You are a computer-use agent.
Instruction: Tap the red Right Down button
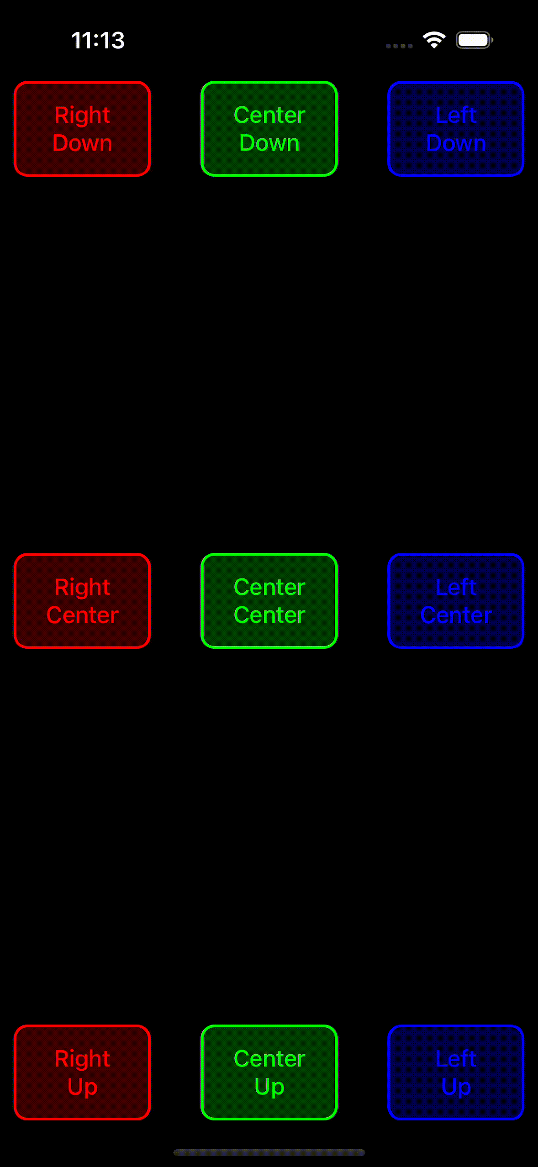pyautogui.click(x=82, y=129)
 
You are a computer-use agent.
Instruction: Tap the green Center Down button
pyautogui.click(x=269, y=129)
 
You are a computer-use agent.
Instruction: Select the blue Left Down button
pyautogui.click(x=456, y=129)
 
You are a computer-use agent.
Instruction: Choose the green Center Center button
pyautogui.click(x=269, y=601)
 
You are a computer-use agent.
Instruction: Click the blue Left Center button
pyautogui.click(x=456, y=601)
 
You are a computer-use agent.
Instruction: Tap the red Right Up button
pyautogui.click(x=82, y=1072)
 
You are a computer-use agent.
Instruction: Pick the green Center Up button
pyautogui.click(x=269, y=1072)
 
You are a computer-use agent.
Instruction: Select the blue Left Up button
pyautogui.click(x=456, y=1072)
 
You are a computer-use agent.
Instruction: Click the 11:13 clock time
pyautogui.click(x=98, y=40)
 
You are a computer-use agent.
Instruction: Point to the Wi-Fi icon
pyautogui.click(x=434, y=40)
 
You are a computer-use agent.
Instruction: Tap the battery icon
pyautogui.click(x=474, y=40)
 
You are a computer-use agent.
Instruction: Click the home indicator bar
pyautogui.click(x=269, y=1152)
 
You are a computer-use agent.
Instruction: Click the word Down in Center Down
pyautogui.click(x=269, y=143)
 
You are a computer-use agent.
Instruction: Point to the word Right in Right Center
pyautogui.click(x=82, y=587)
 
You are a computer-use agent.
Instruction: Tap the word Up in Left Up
pyautogui.click(x=456, y=1087)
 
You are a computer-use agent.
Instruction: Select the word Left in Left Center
pyautogui.click(x=456, y=587)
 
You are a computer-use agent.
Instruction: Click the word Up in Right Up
pyautogui.click(x=82, y=1087)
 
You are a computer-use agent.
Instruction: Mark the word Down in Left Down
pyautogui.click(x=456, y=143)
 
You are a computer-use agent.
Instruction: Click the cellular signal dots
pyautogui.click(x=399, y=46)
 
